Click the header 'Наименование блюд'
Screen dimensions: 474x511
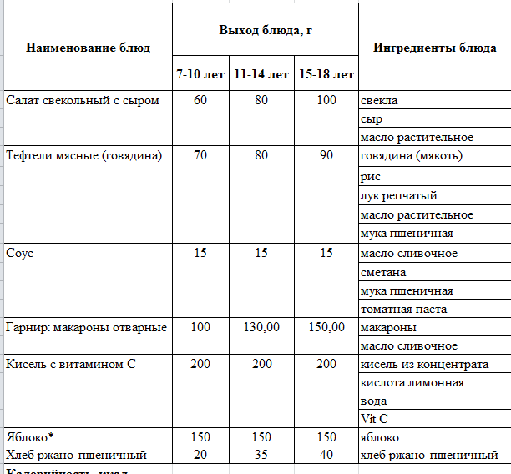click(89, 48)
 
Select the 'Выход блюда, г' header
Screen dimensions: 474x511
click(265, 30)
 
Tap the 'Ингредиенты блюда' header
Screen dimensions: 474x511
click(434, 48)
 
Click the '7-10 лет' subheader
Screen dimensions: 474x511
click(200, 74)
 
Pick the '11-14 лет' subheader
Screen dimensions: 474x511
click(261, 74)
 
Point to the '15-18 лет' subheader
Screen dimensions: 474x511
click(326, 74)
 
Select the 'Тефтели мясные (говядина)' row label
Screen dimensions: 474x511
click(83, 156)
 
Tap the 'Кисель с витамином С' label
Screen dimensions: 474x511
click(70, 365)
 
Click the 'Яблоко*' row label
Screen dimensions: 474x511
click(28, 437)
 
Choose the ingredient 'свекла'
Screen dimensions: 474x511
click(379, 101)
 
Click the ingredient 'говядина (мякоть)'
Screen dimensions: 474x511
click(412, 156)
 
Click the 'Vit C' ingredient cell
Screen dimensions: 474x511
click(373, 419)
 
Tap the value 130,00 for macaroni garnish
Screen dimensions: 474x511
click(261, 327)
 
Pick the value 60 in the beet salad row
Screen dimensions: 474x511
click(200, 101)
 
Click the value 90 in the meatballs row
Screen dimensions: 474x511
click(326, 156)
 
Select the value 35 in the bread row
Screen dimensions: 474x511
click(261, 455)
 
